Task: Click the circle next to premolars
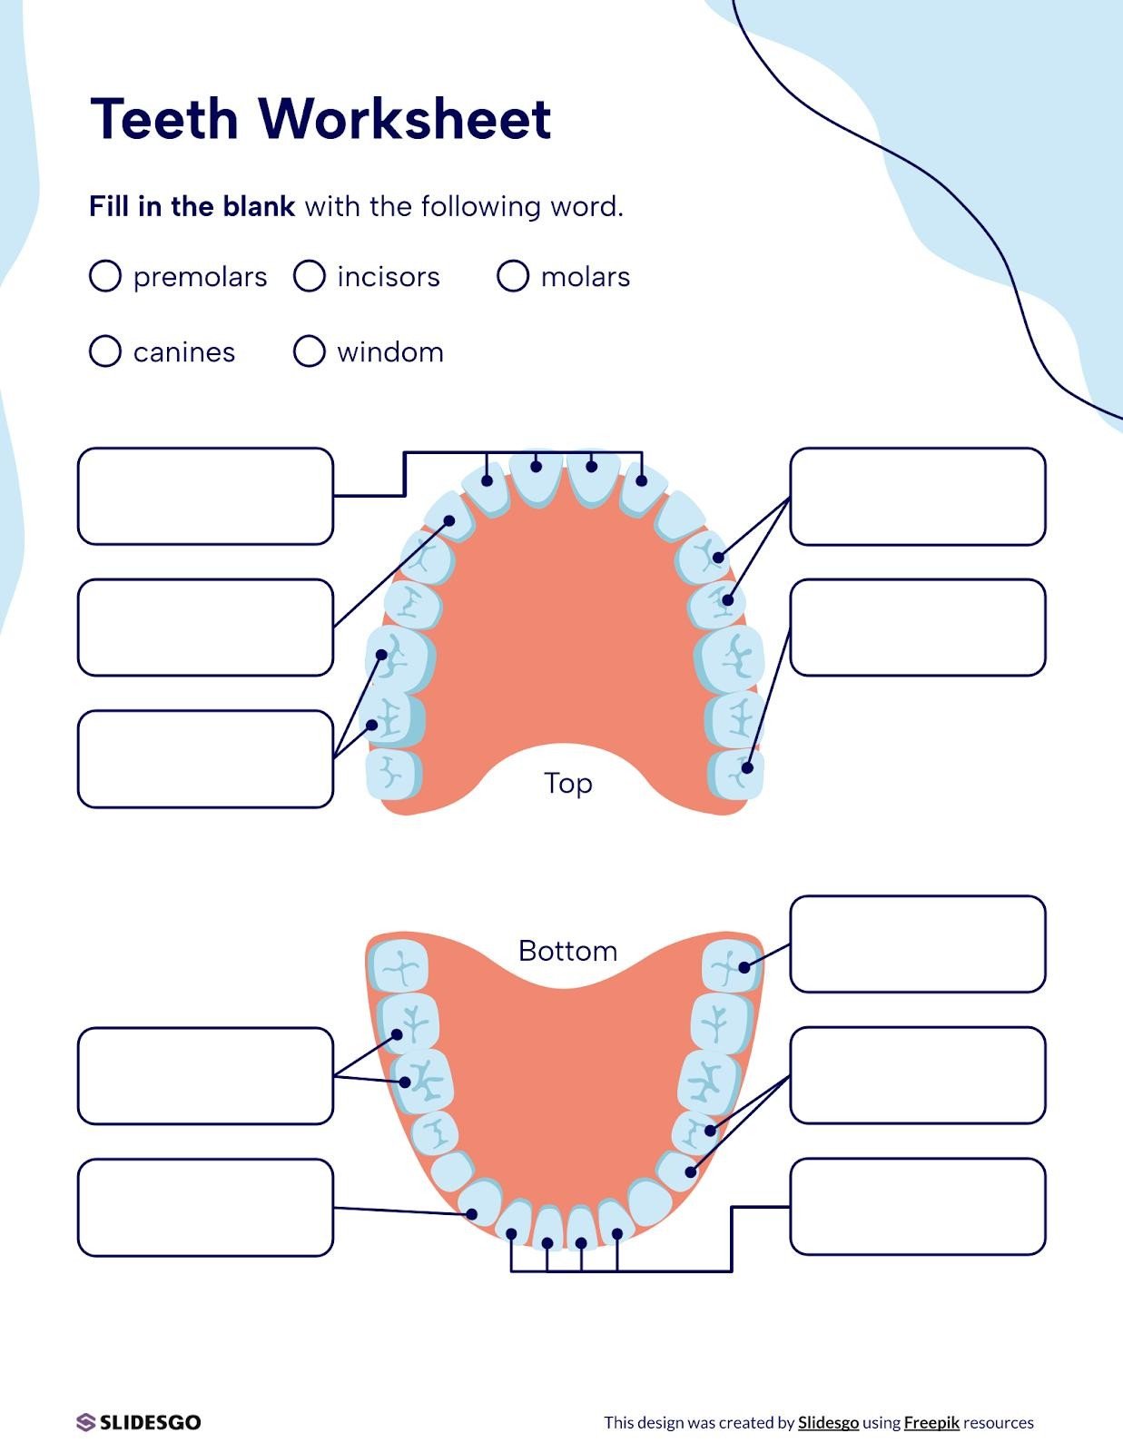(x=105, y=275)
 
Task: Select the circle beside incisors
(x=310, y=275)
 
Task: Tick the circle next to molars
(x=513, y=275)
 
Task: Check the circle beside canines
(x=105, y=351)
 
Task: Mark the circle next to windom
(x=310, y=351)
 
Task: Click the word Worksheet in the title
(x=404, y=118)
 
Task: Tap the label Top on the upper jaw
(x=567, y=783)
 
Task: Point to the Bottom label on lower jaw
(x=567, y=951)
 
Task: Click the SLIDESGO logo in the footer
(x=139, y=1422)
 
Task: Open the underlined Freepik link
(x=931, y=1422)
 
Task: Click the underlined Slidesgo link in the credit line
(x=828, y=1422)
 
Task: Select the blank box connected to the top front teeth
(x=205, y=496)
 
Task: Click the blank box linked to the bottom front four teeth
(x=917, y=1207)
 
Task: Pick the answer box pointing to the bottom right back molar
(x=917, y=944)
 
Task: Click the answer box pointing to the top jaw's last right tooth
(x=917, y=628)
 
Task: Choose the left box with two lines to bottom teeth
(x=205, y=1076)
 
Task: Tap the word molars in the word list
(x=585, y=276)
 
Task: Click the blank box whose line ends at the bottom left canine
(x=205, y=1207)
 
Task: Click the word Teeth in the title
(x=164, y=118)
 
